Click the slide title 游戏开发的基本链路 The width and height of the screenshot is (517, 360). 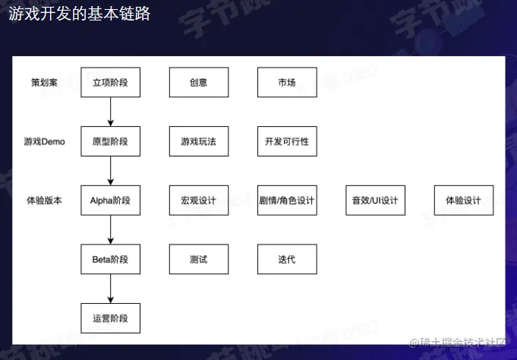click(74, 14)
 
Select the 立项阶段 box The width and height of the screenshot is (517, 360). click(111, 82)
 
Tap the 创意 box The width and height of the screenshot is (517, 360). click(199, 82)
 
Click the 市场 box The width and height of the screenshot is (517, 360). click(287, 82)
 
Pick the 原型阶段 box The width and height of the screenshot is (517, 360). click(111, 141)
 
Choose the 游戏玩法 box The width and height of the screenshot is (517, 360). click(199, 141)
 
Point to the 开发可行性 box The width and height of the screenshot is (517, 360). click(287, 141)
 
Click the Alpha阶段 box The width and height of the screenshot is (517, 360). click(111, 201)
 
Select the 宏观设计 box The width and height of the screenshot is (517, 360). click(199, 201)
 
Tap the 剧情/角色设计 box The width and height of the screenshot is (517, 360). click(287, 201)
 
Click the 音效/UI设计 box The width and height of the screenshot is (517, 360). click(375, 201)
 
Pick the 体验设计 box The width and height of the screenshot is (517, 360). click(463, 201)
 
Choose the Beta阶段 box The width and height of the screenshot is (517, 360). click(111, 260)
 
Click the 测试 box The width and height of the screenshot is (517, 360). click(199, 260)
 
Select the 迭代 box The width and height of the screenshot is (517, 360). click(287, 260)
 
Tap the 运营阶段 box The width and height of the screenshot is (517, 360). click(111, 319)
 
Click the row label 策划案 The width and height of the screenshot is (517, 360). click(44, 82)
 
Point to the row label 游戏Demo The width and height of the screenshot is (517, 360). click(44, 141)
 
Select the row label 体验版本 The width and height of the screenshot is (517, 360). click(44, 201)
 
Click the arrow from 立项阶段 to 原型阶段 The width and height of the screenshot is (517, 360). click(111, 112)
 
